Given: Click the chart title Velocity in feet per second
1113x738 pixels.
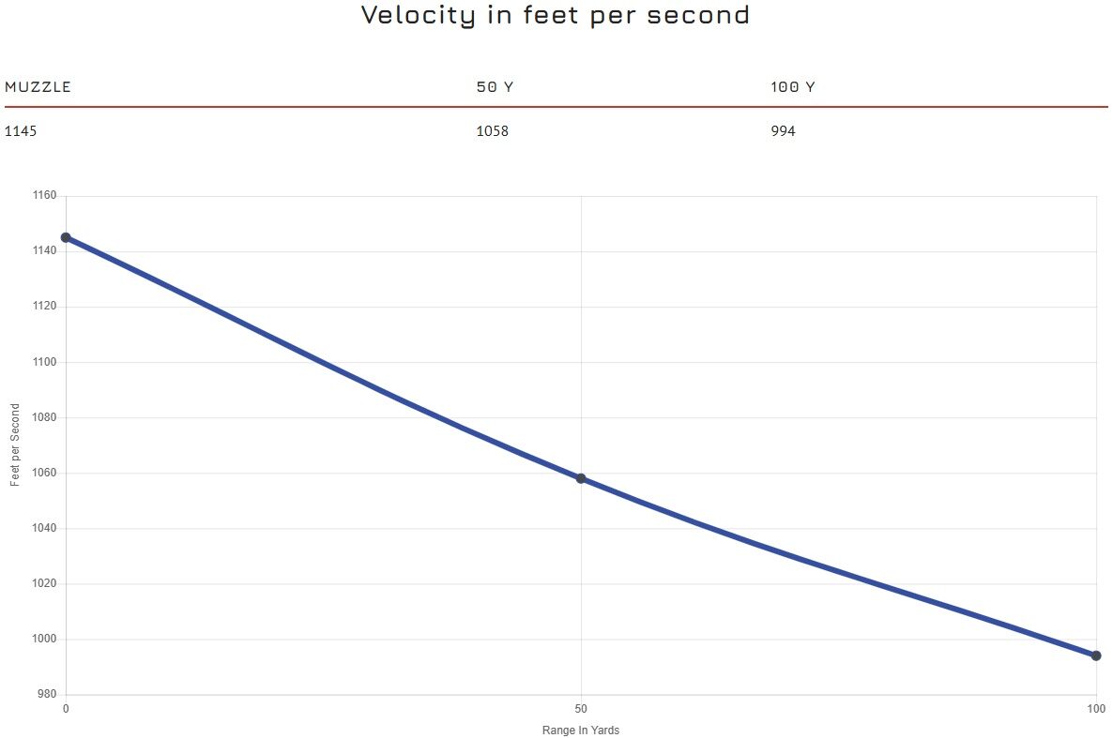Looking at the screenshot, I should pos(556,16).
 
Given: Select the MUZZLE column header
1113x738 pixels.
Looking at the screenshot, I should pos(38,87).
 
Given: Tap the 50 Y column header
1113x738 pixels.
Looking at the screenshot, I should pos(495,87).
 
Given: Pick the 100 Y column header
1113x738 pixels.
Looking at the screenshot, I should pos(792,87).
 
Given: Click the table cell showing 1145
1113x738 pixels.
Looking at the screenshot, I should pos(21,131).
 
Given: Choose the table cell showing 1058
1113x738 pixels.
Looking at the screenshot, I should pos(492,131).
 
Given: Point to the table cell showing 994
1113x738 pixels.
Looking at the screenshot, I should pos(783,131).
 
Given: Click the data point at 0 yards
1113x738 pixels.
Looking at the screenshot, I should pos(66,237).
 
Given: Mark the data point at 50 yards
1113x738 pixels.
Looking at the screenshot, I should pos(581,478).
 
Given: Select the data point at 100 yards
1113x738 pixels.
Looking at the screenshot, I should pos(1096,655).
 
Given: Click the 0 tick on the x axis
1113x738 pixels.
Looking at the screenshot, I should pos(66,708).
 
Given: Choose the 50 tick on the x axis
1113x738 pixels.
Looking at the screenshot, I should pos(581,708).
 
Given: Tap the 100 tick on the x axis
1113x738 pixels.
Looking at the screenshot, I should pos(1096,708).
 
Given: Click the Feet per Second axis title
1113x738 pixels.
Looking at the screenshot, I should pos(15,444).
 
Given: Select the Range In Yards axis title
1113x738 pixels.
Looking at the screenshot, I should pos(581,730).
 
